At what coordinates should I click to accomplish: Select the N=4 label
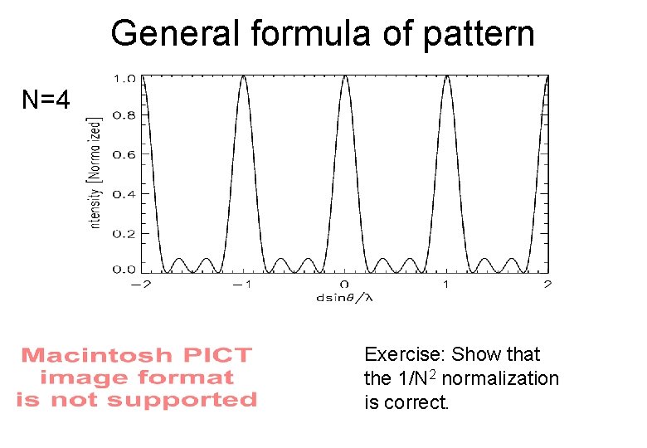pyautogui.click(x=46, y=100)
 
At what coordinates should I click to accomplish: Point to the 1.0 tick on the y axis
pyautogui.click(x=125, y=79)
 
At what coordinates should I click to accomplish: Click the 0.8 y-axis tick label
pyautogui.click(x=125, y=116)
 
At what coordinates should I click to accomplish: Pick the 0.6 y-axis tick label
pyautogui.click(x=125, y=154)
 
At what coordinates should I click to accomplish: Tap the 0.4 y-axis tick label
pyautogui.click(x=125, y=193)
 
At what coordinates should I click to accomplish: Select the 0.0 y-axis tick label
pyautogui.click(x=125, y=269)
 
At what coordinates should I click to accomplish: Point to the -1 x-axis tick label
pyautogui.click(x=240, y=285)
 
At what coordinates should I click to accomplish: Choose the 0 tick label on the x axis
pyautogui.click(x=344, y=285)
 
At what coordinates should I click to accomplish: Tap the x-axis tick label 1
pyautogui.click(x=446, y=285)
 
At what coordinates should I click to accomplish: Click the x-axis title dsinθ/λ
pyautogui.click(x=344, y=297)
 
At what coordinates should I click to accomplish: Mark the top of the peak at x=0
pyautogui.click(x=344, y=76)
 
